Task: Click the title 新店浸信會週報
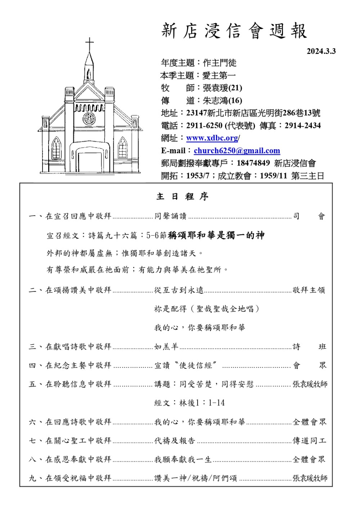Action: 234,31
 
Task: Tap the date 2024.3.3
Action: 321,51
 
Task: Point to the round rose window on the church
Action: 89,118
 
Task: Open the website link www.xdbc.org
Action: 212,138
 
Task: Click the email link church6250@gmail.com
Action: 237,151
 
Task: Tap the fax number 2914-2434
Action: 302,126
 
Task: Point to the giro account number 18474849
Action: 253,163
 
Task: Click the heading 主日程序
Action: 182,197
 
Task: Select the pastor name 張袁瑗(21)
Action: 222,88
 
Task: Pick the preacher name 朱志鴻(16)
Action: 222,100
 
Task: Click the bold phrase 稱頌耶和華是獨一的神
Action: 216,235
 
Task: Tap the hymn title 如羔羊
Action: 166,346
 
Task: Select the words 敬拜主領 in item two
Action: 309,290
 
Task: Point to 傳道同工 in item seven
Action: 309,440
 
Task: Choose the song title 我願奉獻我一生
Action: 183,459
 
